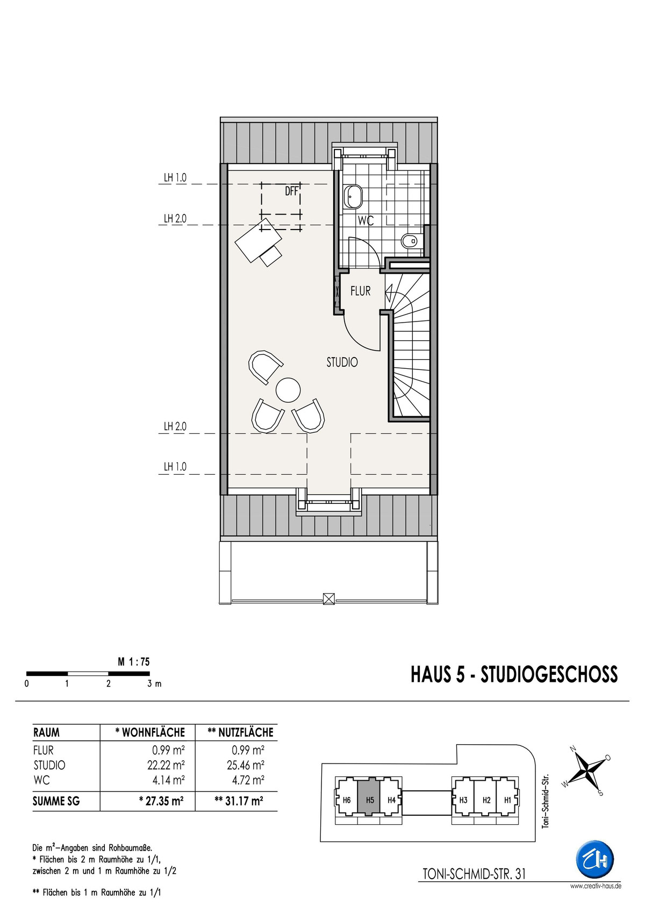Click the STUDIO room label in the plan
tap(342, 362)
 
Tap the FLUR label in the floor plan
tap(361, 291)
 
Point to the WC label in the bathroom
tap(365, 220)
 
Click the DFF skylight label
tap(292, 190)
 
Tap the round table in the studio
tap(288, 390)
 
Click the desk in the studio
tap(259, 240)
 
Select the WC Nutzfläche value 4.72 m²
tap(248, 780)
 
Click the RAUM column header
tap(46, 732)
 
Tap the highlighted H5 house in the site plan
tap(369, 800)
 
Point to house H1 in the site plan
tap(508, 800)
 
